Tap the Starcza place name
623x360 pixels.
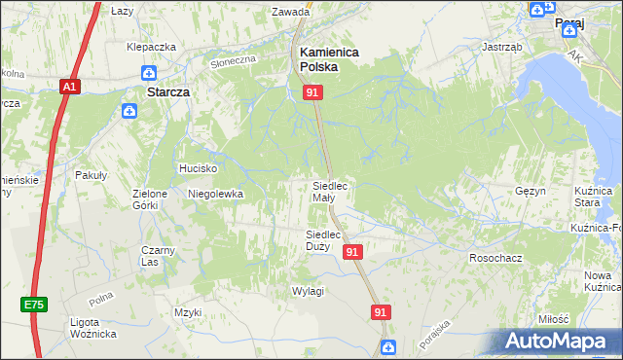click(165, 91)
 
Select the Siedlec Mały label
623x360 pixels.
click(329, 191)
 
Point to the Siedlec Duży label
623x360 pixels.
click(322, 240)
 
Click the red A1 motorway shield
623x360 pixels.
click(68, 87)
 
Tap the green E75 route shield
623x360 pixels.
click(34, 305)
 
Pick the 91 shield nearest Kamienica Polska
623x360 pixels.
click(312, 91)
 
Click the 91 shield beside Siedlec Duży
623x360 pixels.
click(353, 251)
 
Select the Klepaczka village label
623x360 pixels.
click(151, 47)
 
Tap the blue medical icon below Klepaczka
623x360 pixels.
click(148, 72)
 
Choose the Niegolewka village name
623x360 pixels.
click(215, 194)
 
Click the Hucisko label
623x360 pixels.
click(196, 168)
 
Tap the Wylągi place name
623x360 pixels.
click(308, 291)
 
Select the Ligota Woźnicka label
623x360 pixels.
click(93, 328)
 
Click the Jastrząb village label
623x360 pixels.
click(502, 46)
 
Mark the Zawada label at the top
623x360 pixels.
click(291, 13)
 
